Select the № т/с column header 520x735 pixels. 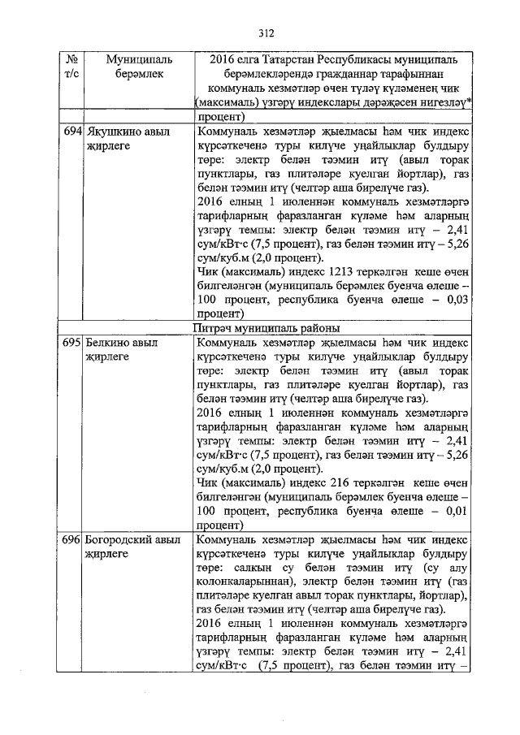[71, 67]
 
